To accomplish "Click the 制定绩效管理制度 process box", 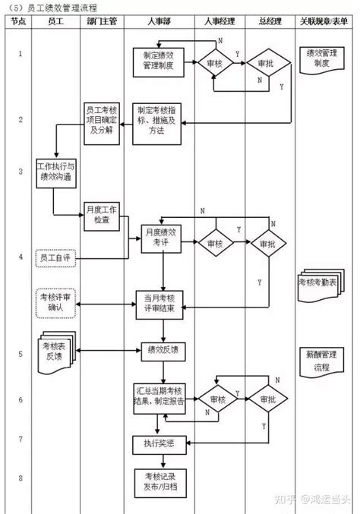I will tap(159, 61).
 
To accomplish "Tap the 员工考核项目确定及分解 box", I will tap(102, 120).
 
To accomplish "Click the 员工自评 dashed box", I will tap(55, 259).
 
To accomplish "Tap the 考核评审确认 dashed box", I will tap(55, 302).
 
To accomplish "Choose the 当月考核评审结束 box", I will tap(160, 301).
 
